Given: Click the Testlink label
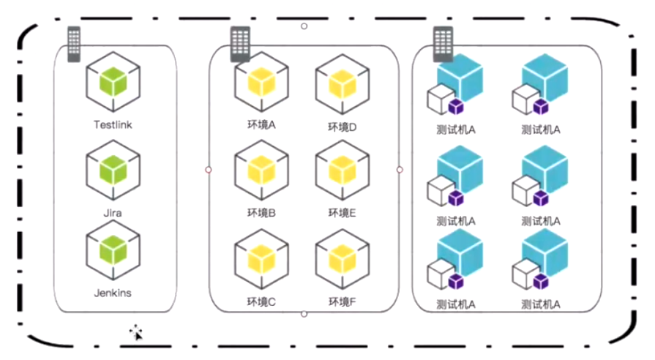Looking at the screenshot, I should [x=113, y=125].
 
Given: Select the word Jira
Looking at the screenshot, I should [x=113, y=213].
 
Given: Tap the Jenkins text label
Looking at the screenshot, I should [x=113, y=293].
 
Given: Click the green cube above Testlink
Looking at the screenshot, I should [x=113, y=81].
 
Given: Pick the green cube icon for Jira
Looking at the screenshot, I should [x=113, y=170].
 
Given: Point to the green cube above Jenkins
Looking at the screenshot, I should [x=113, y=250].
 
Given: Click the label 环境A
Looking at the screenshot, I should [x=261, y=125].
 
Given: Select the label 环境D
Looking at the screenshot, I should [x=342, y=127].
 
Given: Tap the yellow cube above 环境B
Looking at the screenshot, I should [x=261, y=170].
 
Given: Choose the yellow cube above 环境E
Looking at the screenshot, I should [x=342, y=170].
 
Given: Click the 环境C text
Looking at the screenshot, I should [x=261, y=301].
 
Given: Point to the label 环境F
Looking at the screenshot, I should [x=342, y=301].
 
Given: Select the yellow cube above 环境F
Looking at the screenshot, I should [x=342, y=258].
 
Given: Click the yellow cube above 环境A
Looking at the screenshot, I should [x=261, y=81].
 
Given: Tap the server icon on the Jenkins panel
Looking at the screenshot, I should [x=74, y=44].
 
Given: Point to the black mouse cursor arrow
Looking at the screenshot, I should [x=137, y=334].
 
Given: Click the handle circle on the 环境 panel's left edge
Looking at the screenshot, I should [x=209, y=170].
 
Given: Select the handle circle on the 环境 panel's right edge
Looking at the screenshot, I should [x=400, y=170].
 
